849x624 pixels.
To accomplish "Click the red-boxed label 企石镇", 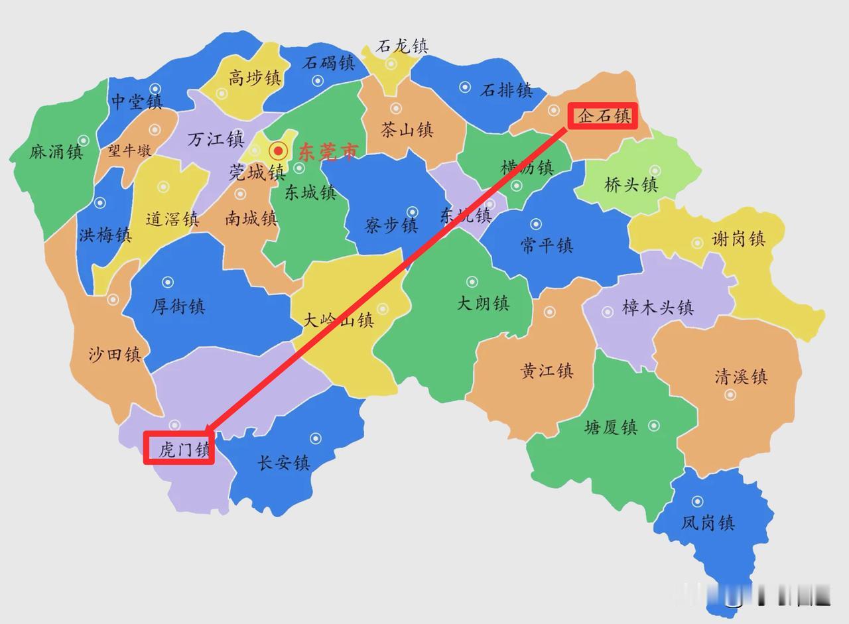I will (603, 116).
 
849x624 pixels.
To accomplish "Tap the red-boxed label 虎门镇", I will (180, 449).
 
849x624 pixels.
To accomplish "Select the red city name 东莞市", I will (328, 152).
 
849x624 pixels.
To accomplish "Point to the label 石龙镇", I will (402, 46).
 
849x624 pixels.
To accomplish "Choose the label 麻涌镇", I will (56, 152).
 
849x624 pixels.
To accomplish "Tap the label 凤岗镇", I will (708, 523).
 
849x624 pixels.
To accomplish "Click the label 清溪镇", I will (741, 377).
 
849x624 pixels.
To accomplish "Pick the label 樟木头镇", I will (657, 307).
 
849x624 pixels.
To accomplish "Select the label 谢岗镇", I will (738, 239).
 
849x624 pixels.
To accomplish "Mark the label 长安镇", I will (284, 462).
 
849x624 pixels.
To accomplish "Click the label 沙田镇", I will (115, 354).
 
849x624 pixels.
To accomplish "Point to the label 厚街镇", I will (178, 306).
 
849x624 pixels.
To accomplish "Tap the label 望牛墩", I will (130, 151).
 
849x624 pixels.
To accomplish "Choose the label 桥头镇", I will (631, 184).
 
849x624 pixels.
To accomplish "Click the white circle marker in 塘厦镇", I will (654, 425).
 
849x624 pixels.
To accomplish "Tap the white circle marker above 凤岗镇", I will (697, 501).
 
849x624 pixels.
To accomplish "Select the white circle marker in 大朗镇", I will (472, 282).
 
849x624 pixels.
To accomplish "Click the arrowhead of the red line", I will (210, 429).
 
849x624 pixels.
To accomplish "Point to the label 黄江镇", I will (547, 370).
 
